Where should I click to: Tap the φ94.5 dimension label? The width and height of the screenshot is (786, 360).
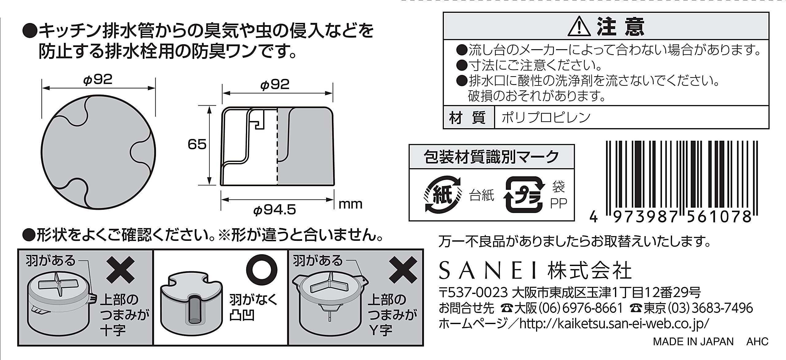(274, 210)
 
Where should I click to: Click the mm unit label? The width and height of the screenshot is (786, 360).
(350, 204)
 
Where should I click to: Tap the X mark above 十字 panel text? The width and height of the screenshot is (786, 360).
(120, 270)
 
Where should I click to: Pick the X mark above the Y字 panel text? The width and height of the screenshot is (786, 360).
(403, 270)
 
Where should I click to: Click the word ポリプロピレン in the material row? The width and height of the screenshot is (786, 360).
(546, 118)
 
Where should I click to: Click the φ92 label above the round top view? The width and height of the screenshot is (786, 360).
(98, 80)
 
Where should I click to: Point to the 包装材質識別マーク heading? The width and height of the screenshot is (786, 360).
(492, 157)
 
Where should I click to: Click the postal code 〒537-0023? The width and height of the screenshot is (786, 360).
(473, 292)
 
